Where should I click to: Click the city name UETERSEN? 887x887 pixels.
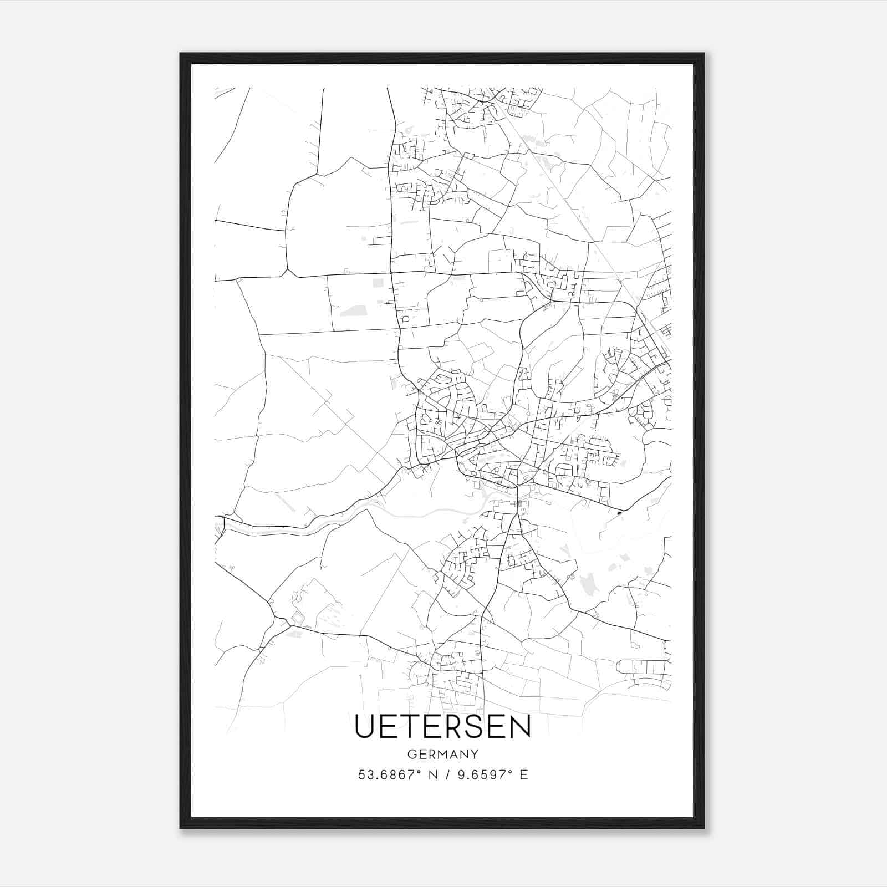click(442, 726)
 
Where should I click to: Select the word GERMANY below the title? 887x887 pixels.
click(443, 755)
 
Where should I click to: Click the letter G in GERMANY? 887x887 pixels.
click(411, 755)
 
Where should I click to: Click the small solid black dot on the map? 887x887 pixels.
click(619, 513)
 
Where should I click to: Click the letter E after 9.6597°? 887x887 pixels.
click(524, 775)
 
